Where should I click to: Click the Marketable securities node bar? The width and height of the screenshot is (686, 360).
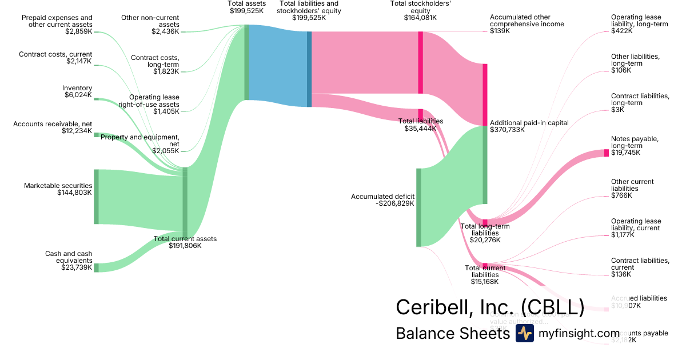tap(96, 197)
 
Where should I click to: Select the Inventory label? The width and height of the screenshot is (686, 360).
tap(77, 88)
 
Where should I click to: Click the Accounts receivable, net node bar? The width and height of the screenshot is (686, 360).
tap(96, 135)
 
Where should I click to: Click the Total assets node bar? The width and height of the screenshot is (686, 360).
tap(246, 62)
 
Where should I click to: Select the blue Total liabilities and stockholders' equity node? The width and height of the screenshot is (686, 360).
tap(309, 69)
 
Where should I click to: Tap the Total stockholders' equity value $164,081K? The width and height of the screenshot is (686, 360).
tap(420, 18)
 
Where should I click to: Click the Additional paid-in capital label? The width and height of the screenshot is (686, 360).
tap(529, 123)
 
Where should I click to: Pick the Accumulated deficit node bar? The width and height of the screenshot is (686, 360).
tap(418, 207)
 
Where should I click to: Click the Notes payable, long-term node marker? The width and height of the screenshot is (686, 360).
tap(607, 153)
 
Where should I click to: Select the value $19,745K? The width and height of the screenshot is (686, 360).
tap(626, 153)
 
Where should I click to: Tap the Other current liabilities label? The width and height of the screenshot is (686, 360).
tap(632, 185)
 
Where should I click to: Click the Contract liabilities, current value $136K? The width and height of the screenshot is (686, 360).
tap(621, 274)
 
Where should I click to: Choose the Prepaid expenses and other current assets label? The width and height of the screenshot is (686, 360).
tap(57, 21)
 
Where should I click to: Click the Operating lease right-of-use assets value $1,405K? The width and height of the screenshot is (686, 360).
tap(166, 111)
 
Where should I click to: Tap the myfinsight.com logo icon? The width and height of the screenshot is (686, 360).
tap(524, 333)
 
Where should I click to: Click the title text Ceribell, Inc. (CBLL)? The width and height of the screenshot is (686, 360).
tap(490, 307)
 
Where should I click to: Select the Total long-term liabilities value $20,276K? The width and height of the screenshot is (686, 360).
tap(485, 240)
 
